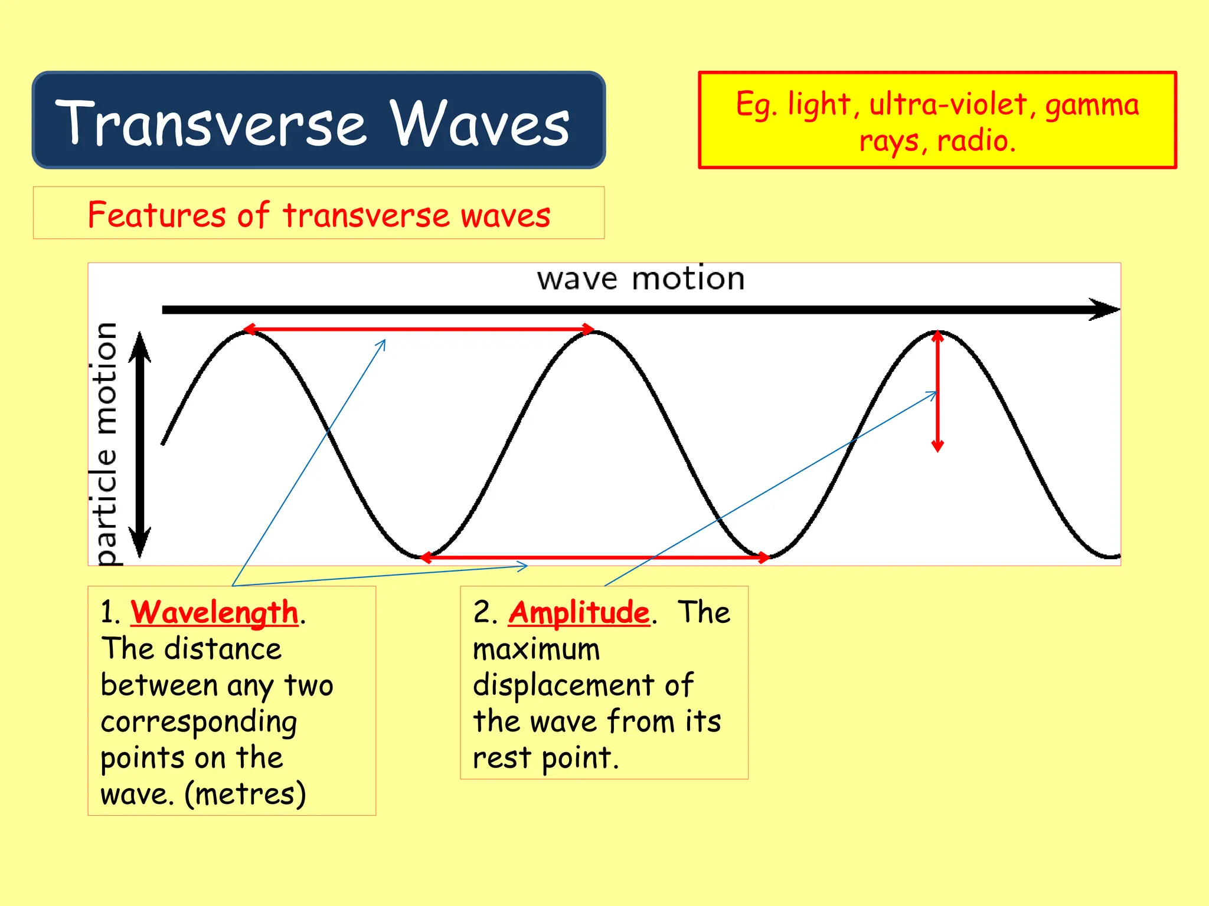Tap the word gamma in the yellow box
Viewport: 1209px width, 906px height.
pyautogui.click(x=1092, y=106)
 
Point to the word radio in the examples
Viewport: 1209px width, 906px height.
pyautogui.click(x=974, y=141)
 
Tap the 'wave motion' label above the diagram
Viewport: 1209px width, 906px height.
pyautogui.click(x=641, y=278)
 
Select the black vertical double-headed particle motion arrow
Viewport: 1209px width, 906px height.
pyautogui.click(x=140, y=444)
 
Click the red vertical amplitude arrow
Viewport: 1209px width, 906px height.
pyautogui.click(x=937, y=392)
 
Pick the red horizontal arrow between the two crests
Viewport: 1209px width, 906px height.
pyautogui.click(x=419, y=329)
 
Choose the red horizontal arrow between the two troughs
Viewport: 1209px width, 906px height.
pyautogui.click(x=593, y=557)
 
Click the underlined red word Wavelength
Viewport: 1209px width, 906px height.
pyautogui.click(x=214, y=612)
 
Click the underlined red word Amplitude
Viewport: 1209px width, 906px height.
pyautogui.click(x=579, y=612)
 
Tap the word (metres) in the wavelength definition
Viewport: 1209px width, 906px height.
pyautogui.click(x=245, y=794)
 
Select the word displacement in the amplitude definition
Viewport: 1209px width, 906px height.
pyautogui.click(x=563, y=685)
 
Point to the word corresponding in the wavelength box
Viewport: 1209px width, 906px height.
pyautogui.click(x=199, y=722)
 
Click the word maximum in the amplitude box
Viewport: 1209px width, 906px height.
pyautogui.click(x=536, y=649)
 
